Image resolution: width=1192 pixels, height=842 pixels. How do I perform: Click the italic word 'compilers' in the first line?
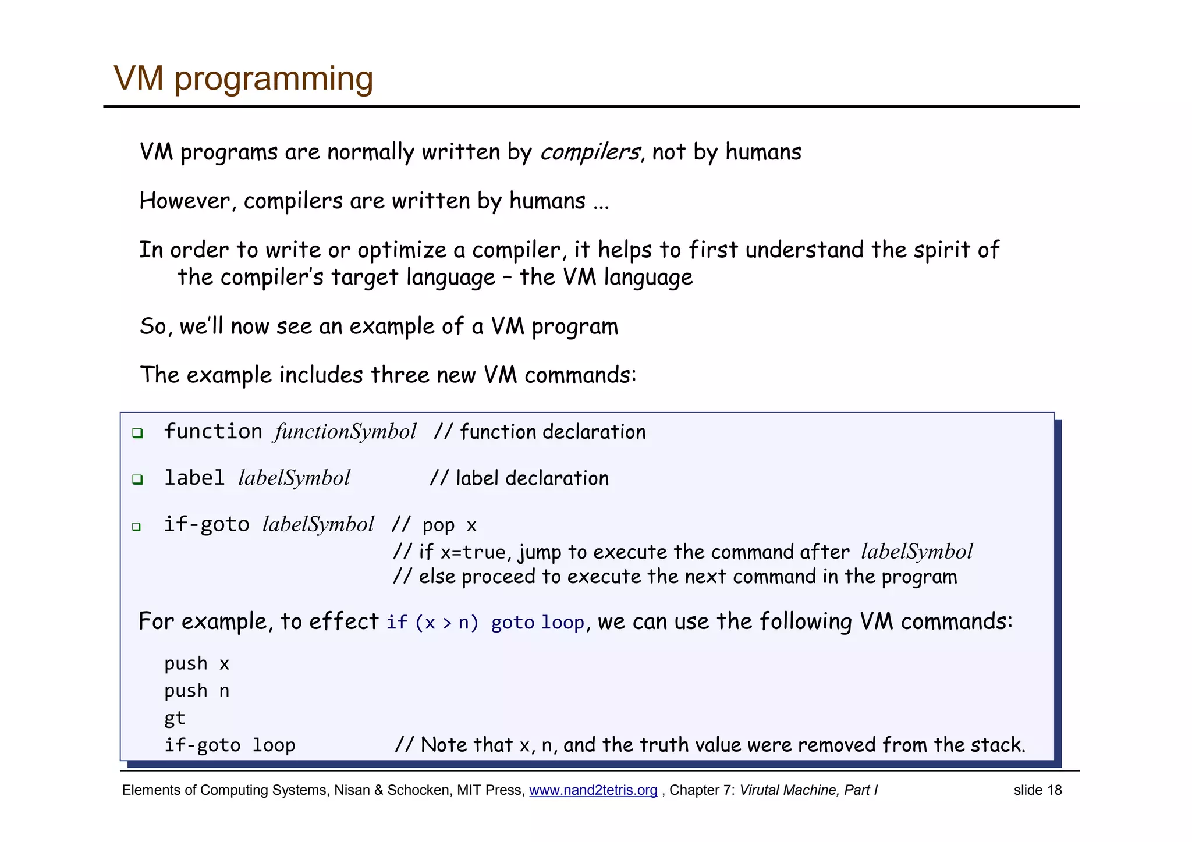click(590, 152)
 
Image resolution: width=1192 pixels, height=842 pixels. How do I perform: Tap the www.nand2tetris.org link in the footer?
click(593, 790)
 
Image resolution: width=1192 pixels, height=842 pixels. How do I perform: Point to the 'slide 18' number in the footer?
click(1037, 790)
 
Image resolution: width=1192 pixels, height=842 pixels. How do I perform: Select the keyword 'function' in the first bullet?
click(213, 432)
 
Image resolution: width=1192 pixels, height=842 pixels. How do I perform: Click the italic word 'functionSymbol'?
click(345, 432)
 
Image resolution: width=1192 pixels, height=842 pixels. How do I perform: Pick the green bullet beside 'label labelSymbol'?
click(137, 479)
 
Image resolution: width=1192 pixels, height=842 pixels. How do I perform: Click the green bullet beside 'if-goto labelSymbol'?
click(136, 527)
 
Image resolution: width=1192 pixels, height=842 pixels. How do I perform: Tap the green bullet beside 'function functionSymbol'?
click(137, 433)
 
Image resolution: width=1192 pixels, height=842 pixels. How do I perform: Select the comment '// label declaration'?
click(519, 478)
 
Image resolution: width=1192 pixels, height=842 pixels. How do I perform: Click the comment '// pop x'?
click(434, 525)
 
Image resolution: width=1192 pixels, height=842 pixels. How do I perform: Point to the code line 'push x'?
click(197, 664)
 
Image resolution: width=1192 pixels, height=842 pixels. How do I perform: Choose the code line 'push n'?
click(197, 691)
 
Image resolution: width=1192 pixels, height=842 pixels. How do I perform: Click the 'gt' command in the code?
click(175, 719)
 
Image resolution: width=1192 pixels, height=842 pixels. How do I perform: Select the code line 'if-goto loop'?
click(229, 745)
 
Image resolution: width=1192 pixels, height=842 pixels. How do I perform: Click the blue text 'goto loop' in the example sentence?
click(537, 623)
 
